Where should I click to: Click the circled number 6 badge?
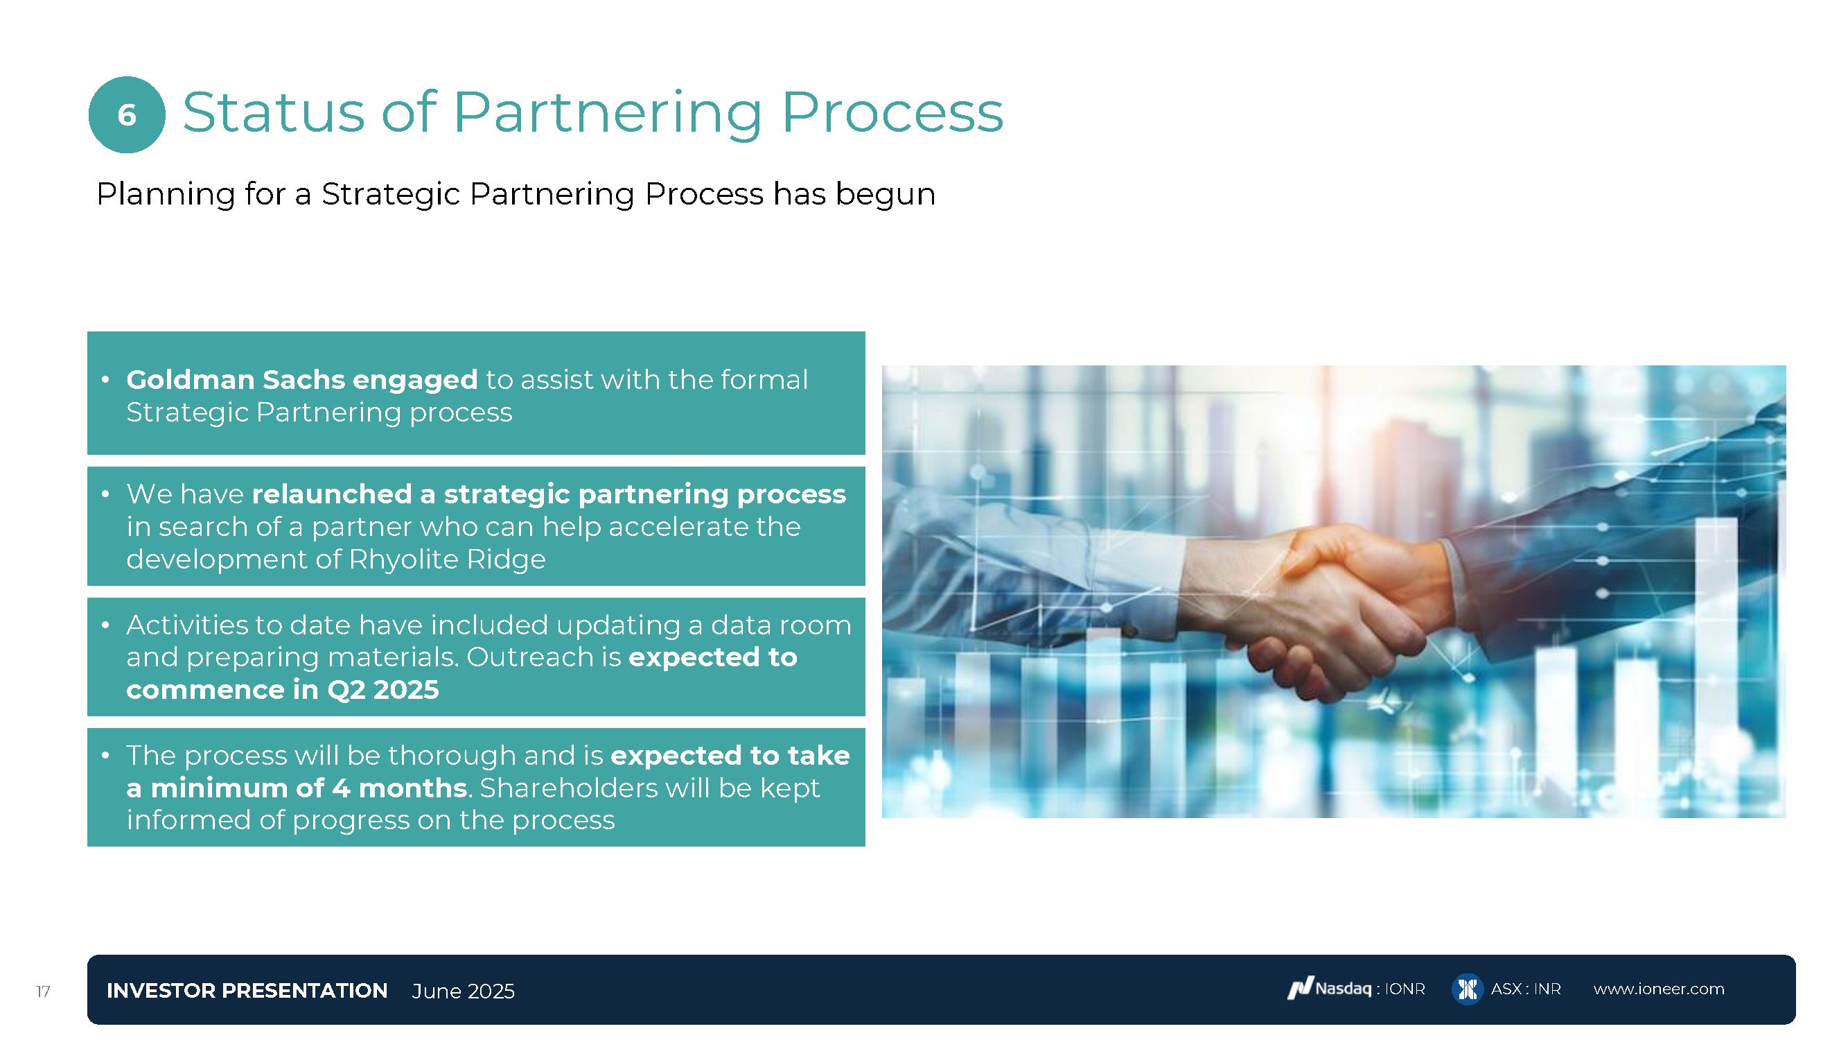[127, 115]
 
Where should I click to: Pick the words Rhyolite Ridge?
[447, 558]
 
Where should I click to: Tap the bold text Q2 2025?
[383, 690]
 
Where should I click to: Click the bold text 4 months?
[400, 788]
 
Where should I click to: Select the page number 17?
[43, 991]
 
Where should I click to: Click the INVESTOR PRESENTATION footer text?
[247, 991]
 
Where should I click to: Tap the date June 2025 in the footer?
[464, 991]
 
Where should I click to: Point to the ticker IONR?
[1405, 989]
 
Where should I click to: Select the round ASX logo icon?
[1467, 989]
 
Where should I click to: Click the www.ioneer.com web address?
[1659, 989]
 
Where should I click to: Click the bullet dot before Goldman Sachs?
[105, 379]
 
